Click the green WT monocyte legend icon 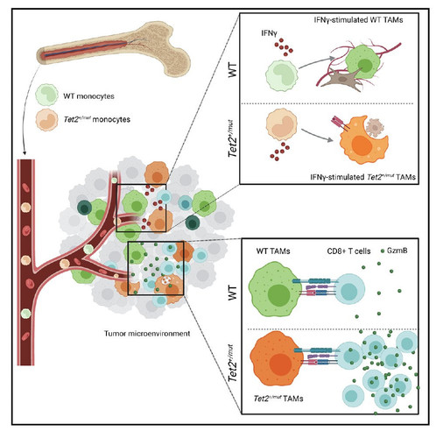click(x=46, y=95)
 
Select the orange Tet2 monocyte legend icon click(x=46, y=120)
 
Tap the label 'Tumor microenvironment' click(x=147, y=333)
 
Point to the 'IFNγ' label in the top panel click(x=269, y=33)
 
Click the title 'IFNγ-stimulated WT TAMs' click(x=358, y=20)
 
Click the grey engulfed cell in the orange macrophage click(x=375, y=128)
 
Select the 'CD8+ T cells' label click(x=348, y=251)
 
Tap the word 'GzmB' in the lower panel click(x=397, y=251)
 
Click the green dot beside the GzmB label click(x=383, y=251)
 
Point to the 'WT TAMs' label click(x=273, y=251)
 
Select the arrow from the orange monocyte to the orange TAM click(x=317, y=135)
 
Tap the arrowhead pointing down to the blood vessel click(x=25, y=153)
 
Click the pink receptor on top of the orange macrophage click(x=340, y=123)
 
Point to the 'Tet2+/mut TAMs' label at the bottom click(x=278, y=399)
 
